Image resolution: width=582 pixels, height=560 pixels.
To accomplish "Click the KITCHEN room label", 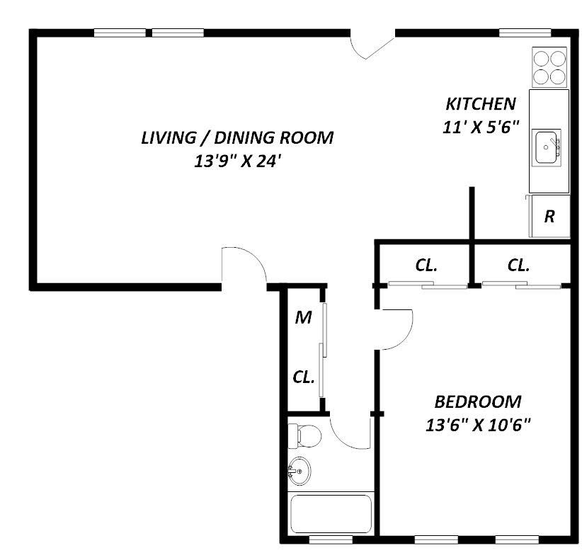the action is [480, 104].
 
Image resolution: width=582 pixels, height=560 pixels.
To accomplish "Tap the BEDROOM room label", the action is [478, 402].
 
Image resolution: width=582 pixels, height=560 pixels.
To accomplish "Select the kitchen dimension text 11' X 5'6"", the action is [480, 127].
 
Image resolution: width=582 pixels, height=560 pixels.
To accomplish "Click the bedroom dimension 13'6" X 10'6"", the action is [478, 425].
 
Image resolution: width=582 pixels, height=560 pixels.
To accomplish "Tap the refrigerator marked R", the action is [549, 216].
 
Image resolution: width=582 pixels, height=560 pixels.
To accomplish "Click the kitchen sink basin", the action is [546, 147].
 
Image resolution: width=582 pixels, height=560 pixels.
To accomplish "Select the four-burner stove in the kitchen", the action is [549, 67].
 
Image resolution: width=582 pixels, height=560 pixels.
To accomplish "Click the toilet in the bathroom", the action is [304, 436].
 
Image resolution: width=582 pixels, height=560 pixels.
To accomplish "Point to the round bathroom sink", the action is [299, 472].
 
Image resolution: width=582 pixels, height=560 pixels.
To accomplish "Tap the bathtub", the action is [331, 514].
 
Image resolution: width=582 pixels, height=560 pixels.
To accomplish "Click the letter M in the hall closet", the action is [303, 318].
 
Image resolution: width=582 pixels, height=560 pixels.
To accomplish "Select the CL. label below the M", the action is [304, 377].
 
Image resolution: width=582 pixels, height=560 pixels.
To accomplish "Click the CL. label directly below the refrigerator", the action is [518, 265].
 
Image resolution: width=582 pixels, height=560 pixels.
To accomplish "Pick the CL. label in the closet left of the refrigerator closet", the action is [426, 265].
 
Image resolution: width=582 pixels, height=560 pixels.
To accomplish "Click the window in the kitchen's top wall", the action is [525, 33].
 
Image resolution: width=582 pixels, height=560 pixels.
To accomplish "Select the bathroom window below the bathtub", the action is [331, 539].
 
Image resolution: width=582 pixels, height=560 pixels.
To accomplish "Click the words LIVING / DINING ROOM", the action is [237, 137].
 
